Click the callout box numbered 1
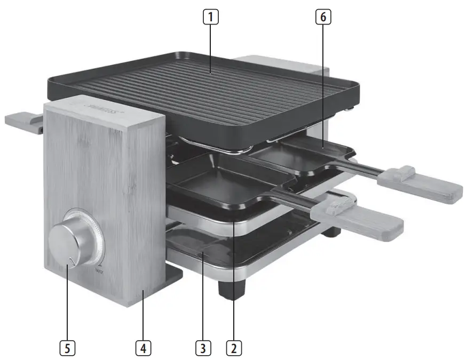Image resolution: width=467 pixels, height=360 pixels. click(212, 17)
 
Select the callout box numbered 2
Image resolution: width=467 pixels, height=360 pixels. click(234, 348)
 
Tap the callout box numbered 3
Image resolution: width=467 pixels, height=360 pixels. click(202, 348)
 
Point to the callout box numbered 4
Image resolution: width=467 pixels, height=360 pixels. click(142, 348)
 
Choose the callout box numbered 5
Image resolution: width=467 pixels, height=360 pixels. click(67, 348)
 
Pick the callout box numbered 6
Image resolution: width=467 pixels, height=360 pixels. click(322, 17)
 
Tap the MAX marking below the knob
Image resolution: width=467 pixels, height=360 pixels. click(99, 273)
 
